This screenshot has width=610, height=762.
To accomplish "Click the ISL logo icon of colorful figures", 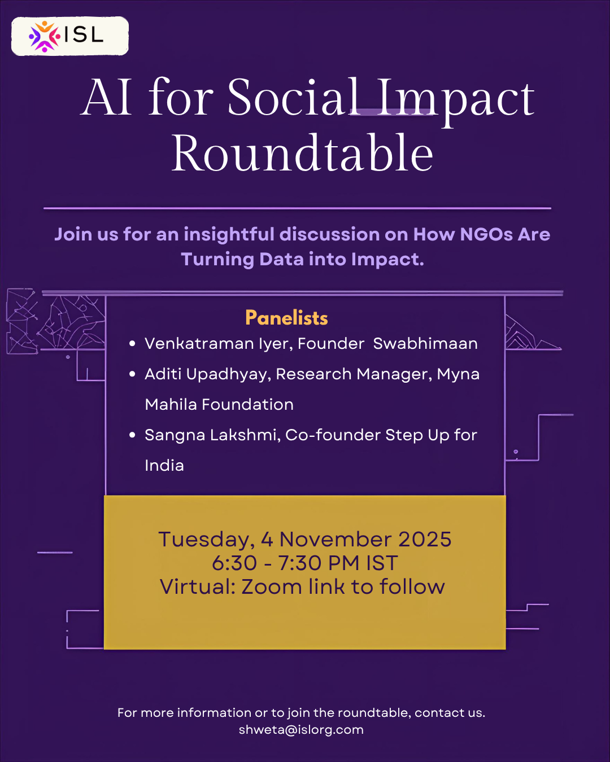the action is tap(44, 37).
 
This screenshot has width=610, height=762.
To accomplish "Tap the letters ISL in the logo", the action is tap(84, 35).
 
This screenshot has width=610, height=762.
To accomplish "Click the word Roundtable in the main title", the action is tap(302, 152).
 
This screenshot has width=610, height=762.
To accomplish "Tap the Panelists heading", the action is tap(286, 318).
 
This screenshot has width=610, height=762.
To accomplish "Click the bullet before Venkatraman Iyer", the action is tap(132, 344).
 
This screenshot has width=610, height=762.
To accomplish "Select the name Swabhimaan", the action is tap(425, 344).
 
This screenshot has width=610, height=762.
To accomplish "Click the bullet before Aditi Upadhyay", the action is tap(132, 374).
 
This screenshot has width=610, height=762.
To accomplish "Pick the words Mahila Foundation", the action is tap(219, 404).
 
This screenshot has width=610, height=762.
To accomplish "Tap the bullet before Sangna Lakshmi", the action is tap(132, 435).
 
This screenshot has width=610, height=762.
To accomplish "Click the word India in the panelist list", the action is tap(164, 465).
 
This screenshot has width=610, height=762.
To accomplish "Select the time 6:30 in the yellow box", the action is tap(234, 563).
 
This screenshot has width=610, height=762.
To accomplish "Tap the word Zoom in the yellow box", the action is tap(272, 586).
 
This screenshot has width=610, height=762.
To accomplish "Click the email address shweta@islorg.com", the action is tap(301, 730).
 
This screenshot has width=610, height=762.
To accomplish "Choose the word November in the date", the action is tap(335, 539).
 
